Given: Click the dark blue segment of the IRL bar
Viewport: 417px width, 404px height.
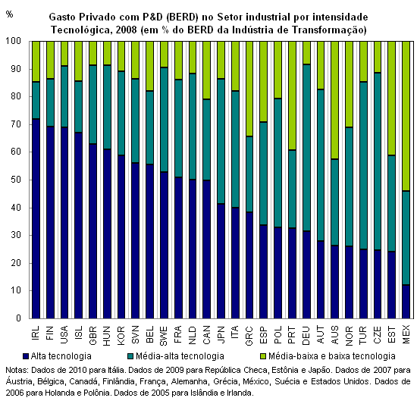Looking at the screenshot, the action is coord(36,218).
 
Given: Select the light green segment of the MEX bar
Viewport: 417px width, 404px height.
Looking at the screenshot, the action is coord(406,116).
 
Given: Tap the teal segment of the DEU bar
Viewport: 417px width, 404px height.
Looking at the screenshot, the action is coord(306,148).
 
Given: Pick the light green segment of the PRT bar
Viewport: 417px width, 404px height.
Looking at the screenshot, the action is coord(292,96).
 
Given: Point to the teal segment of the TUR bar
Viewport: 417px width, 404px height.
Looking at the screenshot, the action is coord(363,165).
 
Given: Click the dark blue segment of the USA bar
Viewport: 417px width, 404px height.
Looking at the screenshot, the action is coord(64,223).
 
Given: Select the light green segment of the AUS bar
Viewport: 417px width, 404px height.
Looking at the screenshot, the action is coord(335,100).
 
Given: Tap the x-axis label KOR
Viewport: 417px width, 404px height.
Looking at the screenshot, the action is coord(121,336).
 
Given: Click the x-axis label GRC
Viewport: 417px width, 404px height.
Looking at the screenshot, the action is coord(249,336).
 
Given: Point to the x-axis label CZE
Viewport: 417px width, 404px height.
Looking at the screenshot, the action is coord(378,335).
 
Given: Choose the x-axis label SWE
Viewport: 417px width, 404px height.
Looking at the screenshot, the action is coord(164,336).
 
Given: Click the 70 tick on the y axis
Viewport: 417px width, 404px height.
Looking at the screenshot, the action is coord(16,124).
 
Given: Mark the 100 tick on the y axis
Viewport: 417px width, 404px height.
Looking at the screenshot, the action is coord(14,41).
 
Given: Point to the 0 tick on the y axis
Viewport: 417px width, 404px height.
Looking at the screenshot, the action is coord(18,318).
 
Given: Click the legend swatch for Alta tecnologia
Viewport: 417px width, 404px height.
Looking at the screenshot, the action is coord(25,356).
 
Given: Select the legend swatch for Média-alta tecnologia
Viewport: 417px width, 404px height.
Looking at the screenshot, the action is coord(130,356).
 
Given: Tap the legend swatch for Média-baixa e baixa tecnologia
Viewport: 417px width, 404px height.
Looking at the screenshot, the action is coord(263,356).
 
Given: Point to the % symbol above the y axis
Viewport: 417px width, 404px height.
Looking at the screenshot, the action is coord(9,14).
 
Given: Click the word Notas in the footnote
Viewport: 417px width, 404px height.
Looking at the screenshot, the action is coord(17,370).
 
